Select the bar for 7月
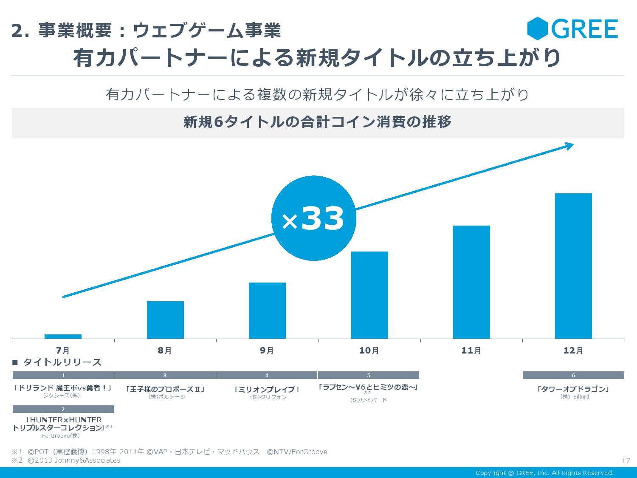63,337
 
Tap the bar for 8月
165,320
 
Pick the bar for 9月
267,311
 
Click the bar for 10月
369,295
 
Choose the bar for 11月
471,282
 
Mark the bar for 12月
573,266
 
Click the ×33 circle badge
313,218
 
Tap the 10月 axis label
369,351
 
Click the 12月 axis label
573,351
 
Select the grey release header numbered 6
573,375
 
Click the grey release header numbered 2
63,409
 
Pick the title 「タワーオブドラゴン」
573,389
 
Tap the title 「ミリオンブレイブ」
267,389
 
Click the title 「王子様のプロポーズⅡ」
165,389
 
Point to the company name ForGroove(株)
61,436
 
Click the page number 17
625,461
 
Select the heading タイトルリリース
62,362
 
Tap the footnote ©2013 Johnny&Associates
74,461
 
